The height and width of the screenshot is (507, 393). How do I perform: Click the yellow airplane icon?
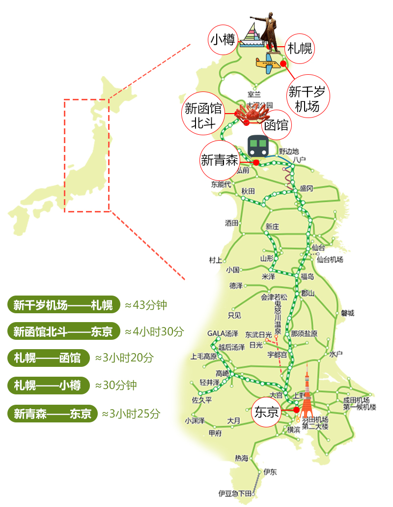click(267, 63)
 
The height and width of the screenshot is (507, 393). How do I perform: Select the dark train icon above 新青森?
click(258, 145)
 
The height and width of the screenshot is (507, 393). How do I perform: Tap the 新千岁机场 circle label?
click(308, 96)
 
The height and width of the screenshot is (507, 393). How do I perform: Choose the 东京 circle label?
click(266, 412)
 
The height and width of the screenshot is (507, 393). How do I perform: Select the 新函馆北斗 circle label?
click(203, 115)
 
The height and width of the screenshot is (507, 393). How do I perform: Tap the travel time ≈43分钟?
click(146, 305)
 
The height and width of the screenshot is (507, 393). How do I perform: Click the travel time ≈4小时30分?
click(154, 331)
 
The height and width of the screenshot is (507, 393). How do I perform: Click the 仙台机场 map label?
click(330, 259)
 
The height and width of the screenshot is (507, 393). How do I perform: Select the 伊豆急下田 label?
click(235, 493)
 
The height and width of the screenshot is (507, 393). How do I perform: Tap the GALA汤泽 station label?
click(223, 333)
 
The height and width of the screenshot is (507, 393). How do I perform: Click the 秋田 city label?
click(248, 191)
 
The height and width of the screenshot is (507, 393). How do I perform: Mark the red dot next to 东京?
click(296, 410)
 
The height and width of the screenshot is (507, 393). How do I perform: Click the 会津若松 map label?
click(274, 297)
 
